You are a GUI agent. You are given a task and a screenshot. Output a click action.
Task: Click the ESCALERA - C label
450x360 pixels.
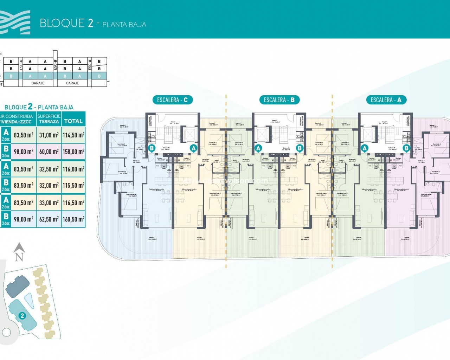172,100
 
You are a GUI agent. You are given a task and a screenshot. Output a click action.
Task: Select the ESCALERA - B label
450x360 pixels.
279,100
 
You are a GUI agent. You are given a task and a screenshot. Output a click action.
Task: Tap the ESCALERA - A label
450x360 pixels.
386,100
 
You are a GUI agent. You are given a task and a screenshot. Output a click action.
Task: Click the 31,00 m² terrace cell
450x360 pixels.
49,135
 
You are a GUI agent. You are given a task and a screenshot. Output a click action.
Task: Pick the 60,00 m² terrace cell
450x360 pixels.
49,152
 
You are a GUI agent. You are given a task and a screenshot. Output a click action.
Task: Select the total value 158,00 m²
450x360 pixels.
73,152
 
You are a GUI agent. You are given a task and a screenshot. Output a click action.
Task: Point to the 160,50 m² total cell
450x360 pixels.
73,219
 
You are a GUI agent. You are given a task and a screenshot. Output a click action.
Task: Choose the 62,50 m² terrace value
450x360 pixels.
49,219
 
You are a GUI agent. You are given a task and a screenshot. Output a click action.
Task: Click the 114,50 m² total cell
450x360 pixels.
73,135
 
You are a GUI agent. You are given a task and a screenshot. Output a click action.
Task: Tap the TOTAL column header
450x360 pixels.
73,121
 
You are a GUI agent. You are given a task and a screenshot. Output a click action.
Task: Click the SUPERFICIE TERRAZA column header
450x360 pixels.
49,119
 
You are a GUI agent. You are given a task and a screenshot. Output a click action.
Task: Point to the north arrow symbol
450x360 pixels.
19,252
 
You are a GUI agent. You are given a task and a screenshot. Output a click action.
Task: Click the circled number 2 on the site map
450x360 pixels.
22,316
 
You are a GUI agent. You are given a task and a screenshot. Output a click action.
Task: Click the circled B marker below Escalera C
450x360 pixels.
152,148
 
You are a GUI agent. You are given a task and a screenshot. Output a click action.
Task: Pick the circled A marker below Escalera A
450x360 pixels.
365,148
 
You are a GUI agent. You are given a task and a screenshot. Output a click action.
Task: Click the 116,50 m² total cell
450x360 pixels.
73,203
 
